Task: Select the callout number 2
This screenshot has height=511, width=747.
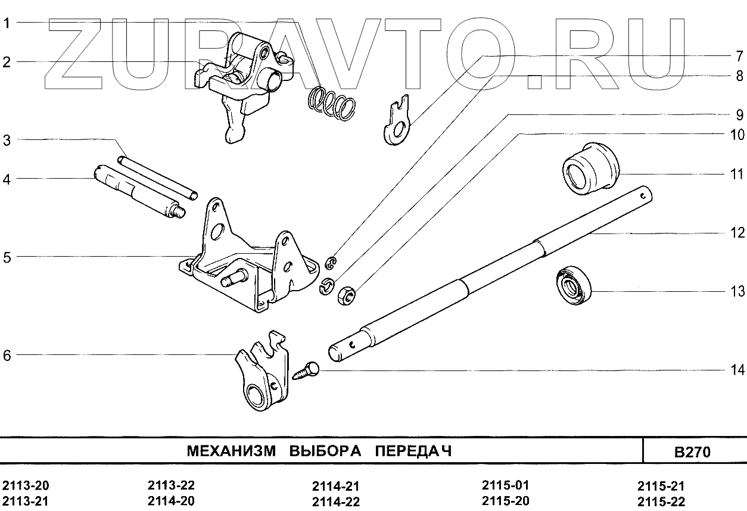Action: coord(7,62)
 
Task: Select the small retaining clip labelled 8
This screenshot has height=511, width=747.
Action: coord(332,261)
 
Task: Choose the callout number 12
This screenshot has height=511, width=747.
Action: coord(737,233)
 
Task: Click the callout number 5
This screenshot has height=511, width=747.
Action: coord(7,258)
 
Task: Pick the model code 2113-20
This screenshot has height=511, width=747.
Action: coord(25,485)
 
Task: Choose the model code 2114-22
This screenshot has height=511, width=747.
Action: coord(335,501)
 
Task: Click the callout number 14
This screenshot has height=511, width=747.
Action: coord(737,370)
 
